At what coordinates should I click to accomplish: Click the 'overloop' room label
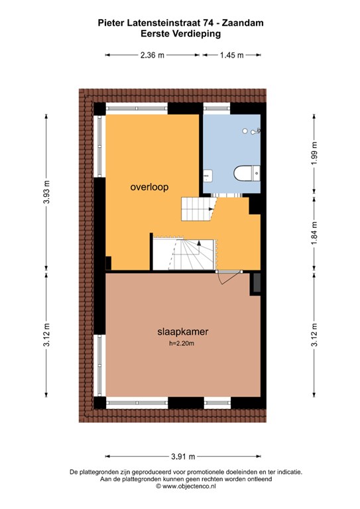pos(149,188)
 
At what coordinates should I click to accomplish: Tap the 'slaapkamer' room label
pos(183,331)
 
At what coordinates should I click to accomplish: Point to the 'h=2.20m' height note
pos(182,343)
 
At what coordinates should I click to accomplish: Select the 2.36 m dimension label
pos(152,55)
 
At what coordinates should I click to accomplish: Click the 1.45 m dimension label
pos(232,55)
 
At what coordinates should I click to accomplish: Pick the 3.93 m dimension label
pos(47,192)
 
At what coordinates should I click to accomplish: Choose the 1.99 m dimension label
pos(314,153)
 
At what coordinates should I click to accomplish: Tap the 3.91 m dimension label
pos(183,457)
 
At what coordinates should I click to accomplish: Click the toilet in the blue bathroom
pos(247,173)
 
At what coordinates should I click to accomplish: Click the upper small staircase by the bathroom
pos(198,209)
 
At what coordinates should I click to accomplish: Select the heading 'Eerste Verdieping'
pos(180,33)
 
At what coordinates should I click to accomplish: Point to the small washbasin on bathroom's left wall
pos(208,175)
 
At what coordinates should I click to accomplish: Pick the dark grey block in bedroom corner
pos(257,282)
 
